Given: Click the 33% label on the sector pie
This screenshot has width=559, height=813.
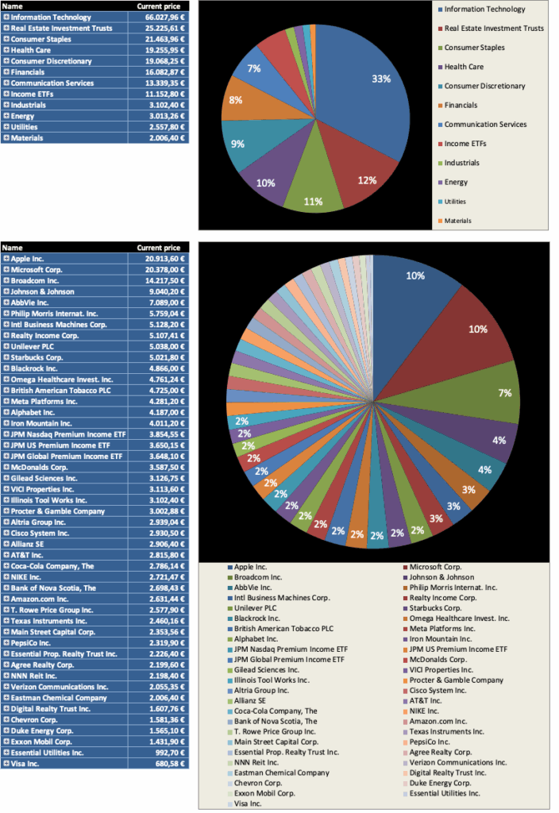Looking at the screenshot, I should point(381,79).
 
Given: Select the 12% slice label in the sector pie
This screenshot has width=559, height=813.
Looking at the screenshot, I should point(367,180).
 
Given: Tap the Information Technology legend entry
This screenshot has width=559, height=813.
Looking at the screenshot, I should point(484,10).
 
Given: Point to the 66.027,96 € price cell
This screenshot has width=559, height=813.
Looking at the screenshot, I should point(163,17).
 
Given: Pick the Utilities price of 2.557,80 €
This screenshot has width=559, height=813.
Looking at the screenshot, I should point(164,127).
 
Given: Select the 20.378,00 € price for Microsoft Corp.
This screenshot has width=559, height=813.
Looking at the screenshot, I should point(163,270).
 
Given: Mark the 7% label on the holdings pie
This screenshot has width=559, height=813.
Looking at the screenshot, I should point(503,392).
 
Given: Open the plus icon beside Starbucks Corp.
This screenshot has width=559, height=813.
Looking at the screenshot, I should point(6,357).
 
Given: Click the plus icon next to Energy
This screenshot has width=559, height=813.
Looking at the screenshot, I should point(6,116).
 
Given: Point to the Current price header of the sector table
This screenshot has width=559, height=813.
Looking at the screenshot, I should point(160,6).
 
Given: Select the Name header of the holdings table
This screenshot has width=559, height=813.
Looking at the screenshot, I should point(13,248).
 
